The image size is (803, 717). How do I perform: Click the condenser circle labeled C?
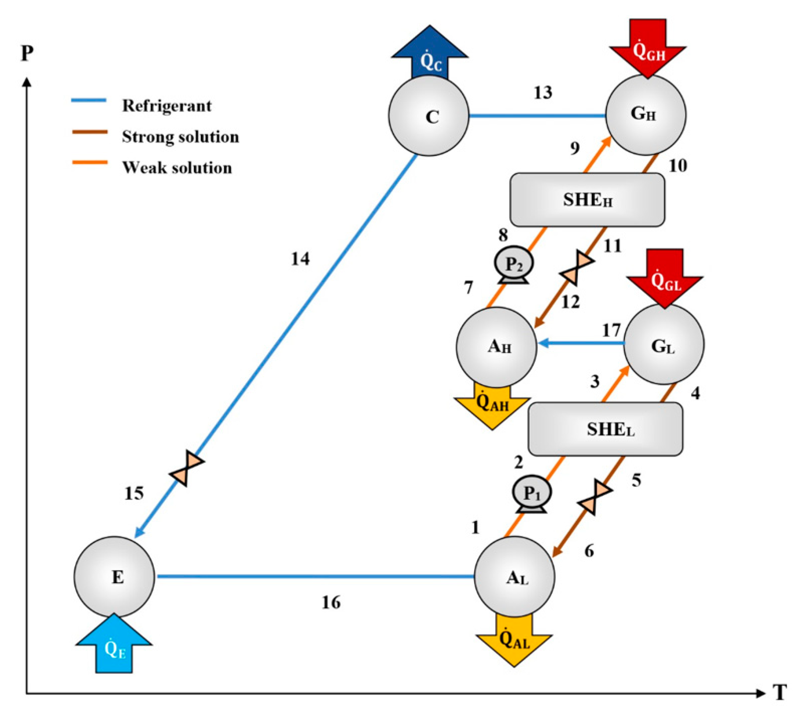pyautogui.click(x=429, y=116)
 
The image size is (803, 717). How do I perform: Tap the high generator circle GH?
pyautogui.click(x=646, y=114)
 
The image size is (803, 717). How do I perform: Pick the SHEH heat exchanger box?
pyautogui.click(x=587, y=200)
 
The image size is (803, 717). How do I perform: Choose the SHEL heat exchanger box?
pyautogui.click(x=605, y=429)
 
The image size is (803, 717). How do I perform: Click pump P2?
pyautogui.click(x=514, y=264)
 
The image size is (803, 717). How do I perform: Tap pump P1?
pyautogui.click(x=532, y=493)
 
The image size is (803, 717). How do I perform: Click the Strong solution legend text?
pyautogui.click(x=180, y=137)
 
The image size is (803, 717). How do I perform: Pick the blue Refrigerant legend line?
pyautogui.click(x=88, y=101)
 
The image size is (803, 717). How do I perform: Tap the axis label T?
pyautogui.click(x=780, y=692)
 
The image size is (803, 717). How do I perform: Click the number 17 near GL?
pyautogui.click(x=611, y=330)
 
